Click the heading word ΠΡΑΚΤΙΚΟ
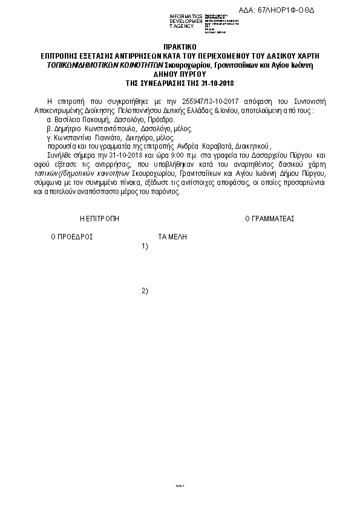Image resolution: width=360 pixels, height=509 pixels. (180, 47)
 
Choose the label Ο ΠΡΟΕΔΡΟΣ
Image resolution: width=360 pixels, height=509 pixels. (71, 237)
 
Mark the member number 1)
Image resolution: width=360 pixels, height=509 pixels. (145, 246)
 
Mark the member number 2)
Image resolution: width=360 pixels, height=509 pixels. (145, 291)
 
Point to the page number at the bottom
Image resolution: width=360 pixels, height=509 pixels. (179, 485)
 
